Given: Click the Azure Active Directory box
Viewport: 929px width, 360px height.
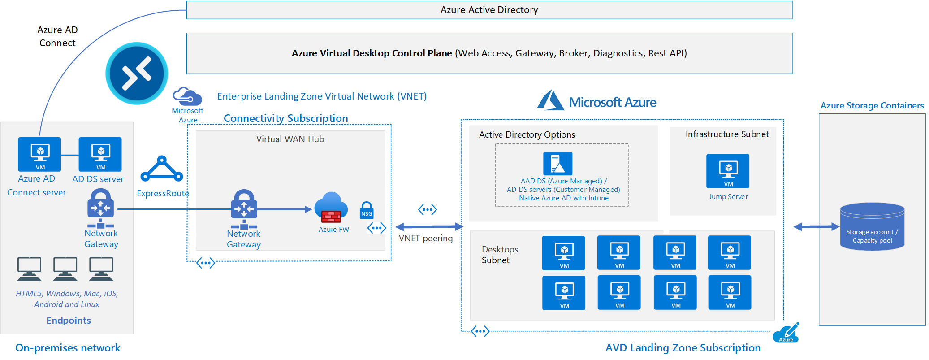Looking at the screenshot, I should tap(489, 10).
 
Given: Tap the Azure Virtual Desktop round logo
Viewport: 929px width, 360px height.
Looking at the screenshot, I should tap(137, 74).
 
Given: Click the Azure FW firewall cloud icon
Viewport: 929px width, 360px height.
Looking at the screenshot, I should tap(331, 207).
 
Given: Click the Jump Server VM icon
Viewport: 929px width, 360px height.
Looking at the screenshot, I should tap(727, 171).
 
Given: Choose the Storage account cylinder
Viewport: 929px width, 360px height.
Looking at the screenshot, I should tap(872, 226).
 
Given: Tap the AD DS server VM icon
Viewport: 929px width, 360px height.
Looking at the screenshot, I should tap(100, 154).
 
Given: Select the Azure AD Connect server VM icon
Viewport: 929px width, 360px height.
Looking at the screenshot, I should tap(39, 154).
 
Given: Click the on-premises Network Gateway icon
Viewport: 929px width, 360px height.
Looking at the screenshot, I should tap(100, 208).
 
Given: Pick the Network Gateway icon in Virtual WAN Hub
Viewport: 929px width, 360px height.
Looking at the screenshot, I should tap(244, 209).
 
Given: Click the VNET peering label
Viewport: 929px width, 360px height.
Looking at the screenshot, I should tap(426, 238).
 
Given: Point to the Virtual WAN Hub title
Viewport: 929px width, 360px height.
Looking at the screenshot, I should tap(290, 139).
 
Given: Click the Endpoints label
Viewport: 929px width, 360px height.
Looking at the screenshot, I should tap(69, 320).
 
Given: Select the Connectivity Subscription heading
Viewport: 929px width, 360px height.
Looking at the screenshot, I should tap(285, 118).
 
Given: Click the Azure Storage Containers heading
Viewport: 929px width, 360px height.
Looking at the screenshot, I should tap(872, 105).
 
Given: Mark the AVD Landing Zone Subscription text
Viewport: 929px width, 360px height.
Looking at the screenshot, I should tap(683, 348).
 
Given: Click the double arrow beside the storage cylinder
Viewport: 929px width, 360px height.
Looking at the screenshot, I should tap(816, 227).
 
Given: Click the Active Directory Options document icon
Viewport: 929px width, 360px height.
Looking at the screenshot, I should tap(557, 163).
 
